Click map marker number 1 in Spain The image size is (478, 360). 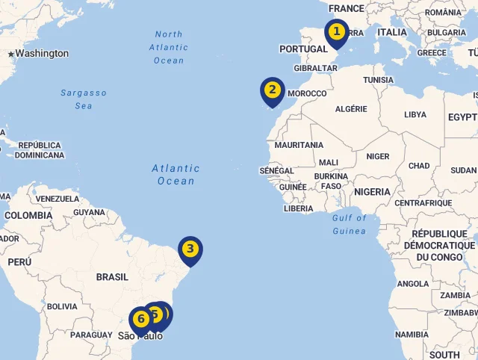pyautogui.click(x=337, y=32)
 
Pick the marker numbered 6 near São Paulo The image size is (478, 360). pyautogui.click(x=140, y=320)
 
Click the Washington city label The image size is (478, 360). pyautogui.click(x=42, y=54)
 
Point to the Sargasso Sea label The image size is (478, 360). pyautogui.click(x=84, y=99)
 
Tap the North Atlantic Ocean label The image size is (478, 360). pyautogui.click(x=169, y=47)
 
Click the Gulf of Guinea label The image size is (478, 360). pyautogui.click(x=350, y=224)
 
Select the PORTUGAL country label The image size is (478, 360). pyautogui.click(x=303, y=49)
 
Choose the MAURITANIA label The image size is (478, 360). pyautogui.click(x=299, y=145)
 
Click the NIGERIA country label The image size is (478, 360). pyautogui.click(x=372, y=192)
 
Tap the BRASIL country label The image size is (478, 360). pyautogui.click(x=112, y=277)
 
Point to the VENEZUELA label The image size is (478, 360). pyautogui.click(x=58, y=199)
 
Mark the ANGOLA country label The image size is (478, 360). pyautogui.click(x=413, y=284)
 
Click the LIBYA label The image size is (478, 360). pyautogui.click(x=415, y=115)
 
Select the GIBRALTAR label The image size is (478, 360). pyautogui.click(x=316, y=68)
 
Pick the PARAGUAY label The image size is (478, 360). pyautogui.click(x=90, y=335)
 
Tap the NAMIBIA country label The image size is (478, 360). pyautogui.click(x=412, y=334)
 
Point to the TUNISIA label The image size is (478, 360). pyautogui.click(x=378, y=80)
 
